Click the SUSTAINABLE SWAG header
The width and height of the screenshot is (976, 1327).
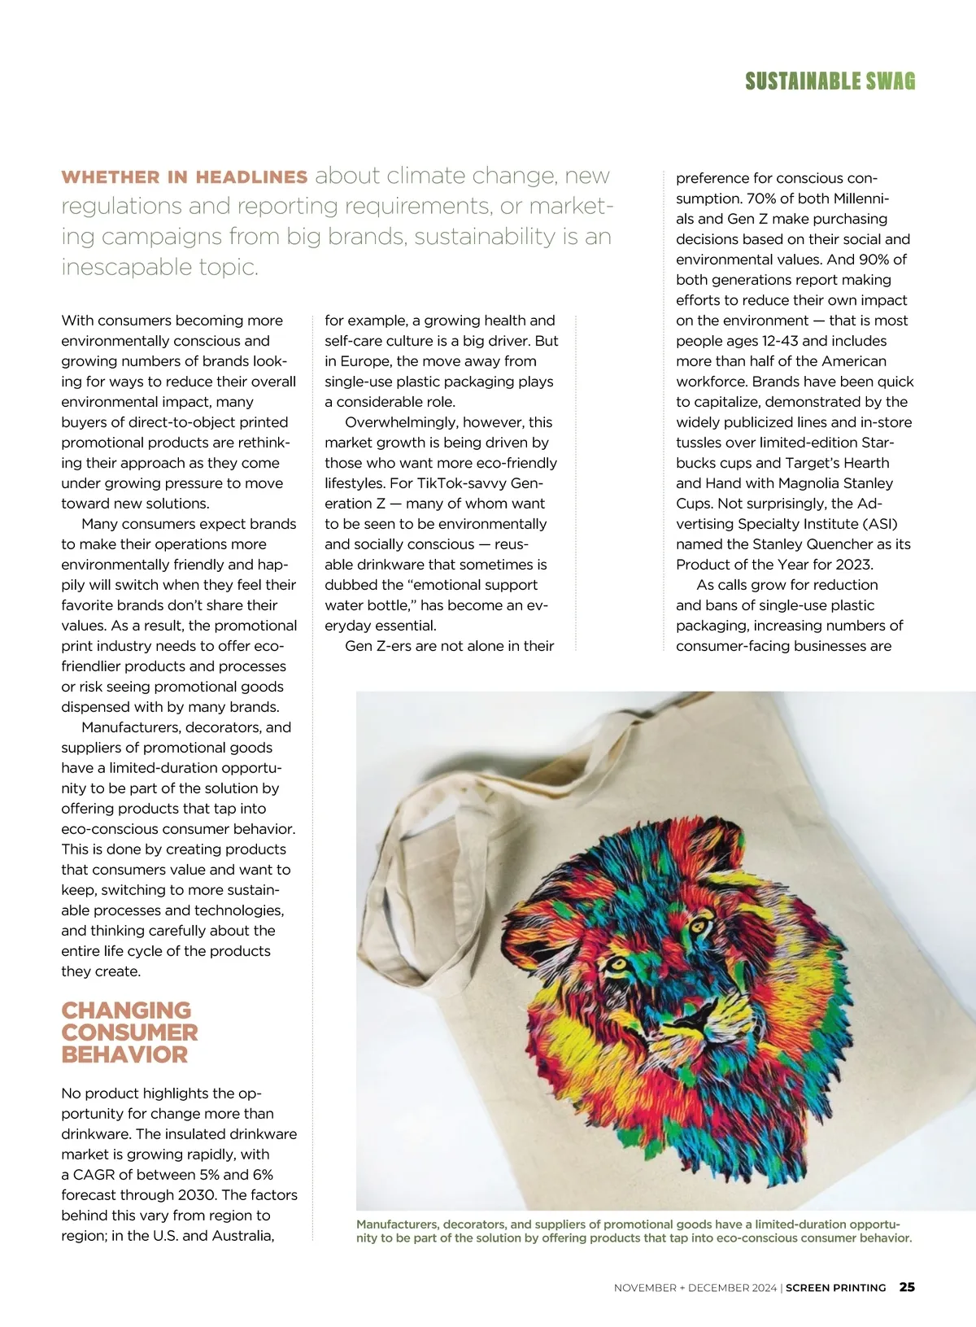click(830, 81)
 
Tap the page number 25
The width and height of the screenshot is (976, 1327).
click(907, 1287)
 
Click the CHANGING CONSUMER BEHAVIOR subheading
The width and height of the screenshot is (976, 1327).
click(129, 1032)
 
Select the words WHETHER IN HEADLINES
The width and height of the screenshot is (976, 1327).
click(185, 177)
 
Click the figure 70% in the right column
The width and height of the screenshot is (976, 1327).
click(763, 199)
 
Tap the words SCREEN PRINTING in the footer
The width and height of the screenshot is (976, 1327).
click(835, 1288)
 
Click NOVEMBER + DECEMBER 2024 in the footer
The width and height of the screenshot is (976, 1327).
click(695, 1288)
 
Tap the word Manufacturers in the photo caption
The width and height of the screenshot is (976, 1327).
click(398, 1224)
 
